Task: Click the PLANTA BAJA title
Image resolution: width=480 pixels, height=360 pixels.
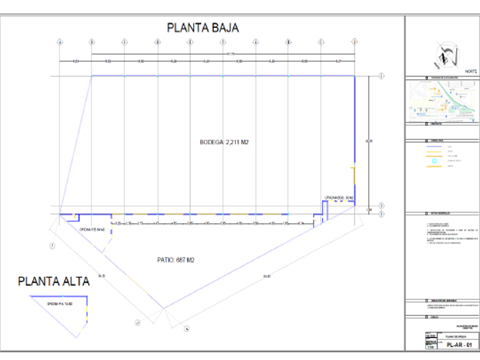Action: (202, 27)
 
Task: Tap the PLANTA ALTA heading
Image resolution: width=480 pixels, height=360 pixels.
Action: (54, 281)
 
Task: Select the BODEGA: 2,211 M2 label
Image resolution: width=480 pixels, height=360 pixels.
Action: (224, 143)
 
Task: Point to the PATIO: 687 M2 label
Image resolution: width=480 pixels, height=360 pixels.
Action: (176, 260)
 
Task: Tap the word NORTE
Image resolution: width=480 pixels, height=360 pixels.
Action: (471, 71)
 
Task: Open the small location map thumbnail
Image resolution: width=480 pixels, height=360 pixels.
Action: (442, 100)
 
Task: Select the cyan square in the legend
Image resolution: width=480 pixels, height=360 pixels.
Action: (434, 161)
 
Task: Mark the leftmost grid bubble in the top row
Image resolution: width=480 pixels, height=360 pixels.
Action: (59, 42)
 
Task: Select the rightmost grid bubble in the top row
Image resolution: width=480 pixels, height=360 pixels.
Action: (355, 42)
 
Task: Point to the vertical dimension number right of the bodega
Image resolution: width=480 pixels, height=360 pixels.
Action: (370, 141)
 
